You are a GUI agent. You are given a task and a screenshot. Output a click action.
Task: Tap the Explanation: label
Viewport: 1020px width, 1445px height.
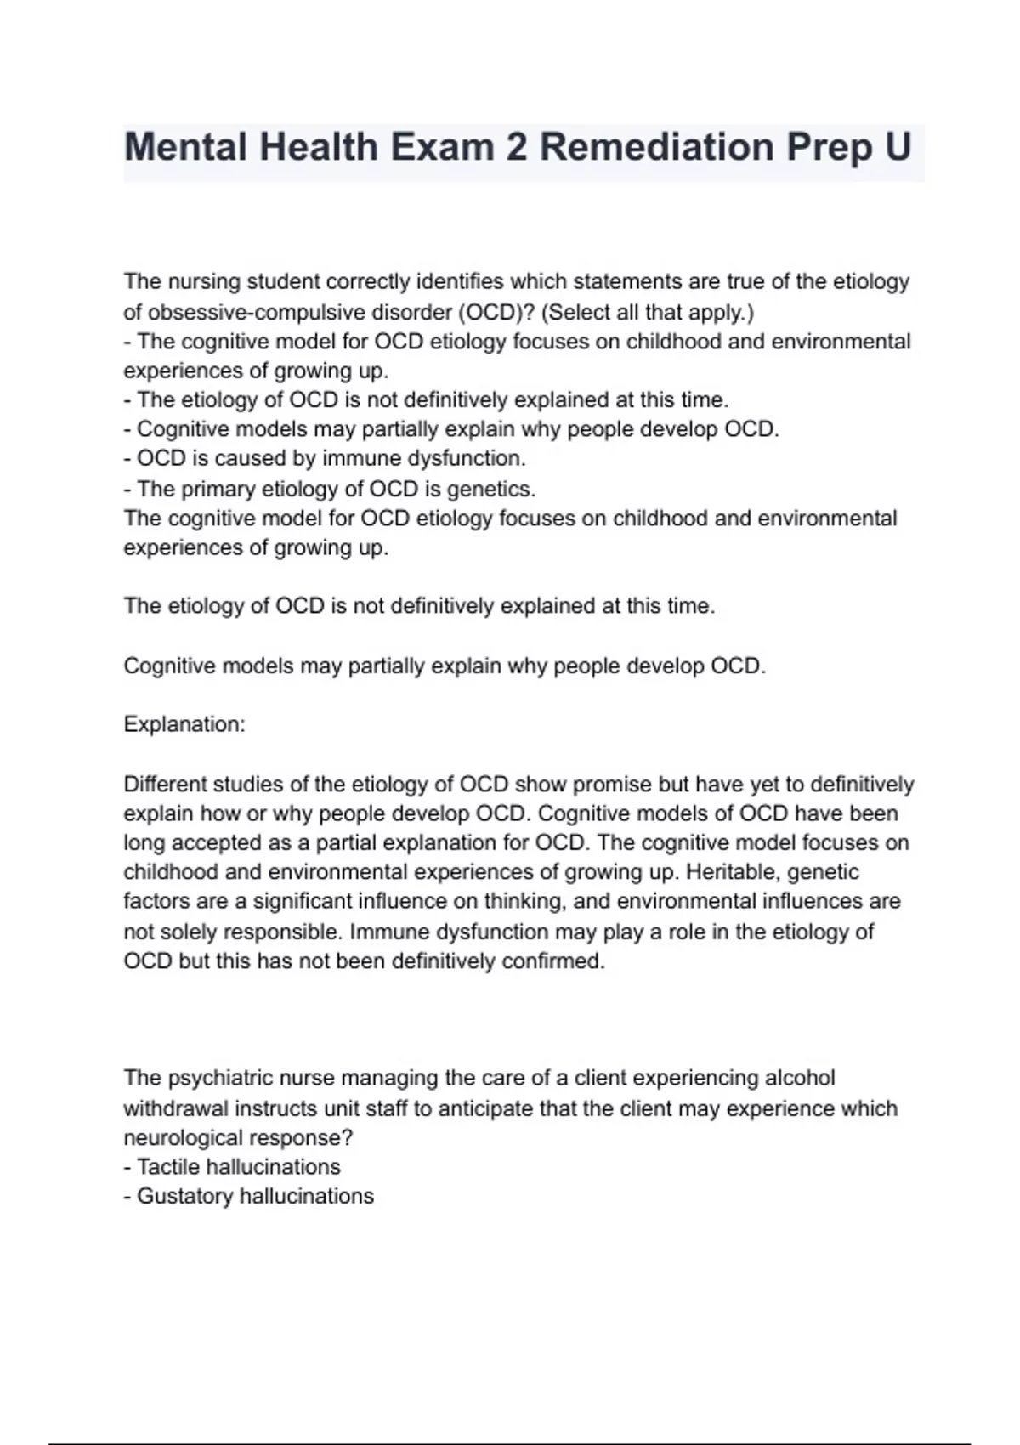coord(184,724)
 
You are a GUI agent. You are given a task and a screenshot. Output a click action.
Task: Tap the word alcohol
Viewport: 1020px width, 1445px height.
coord(800,1078)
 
